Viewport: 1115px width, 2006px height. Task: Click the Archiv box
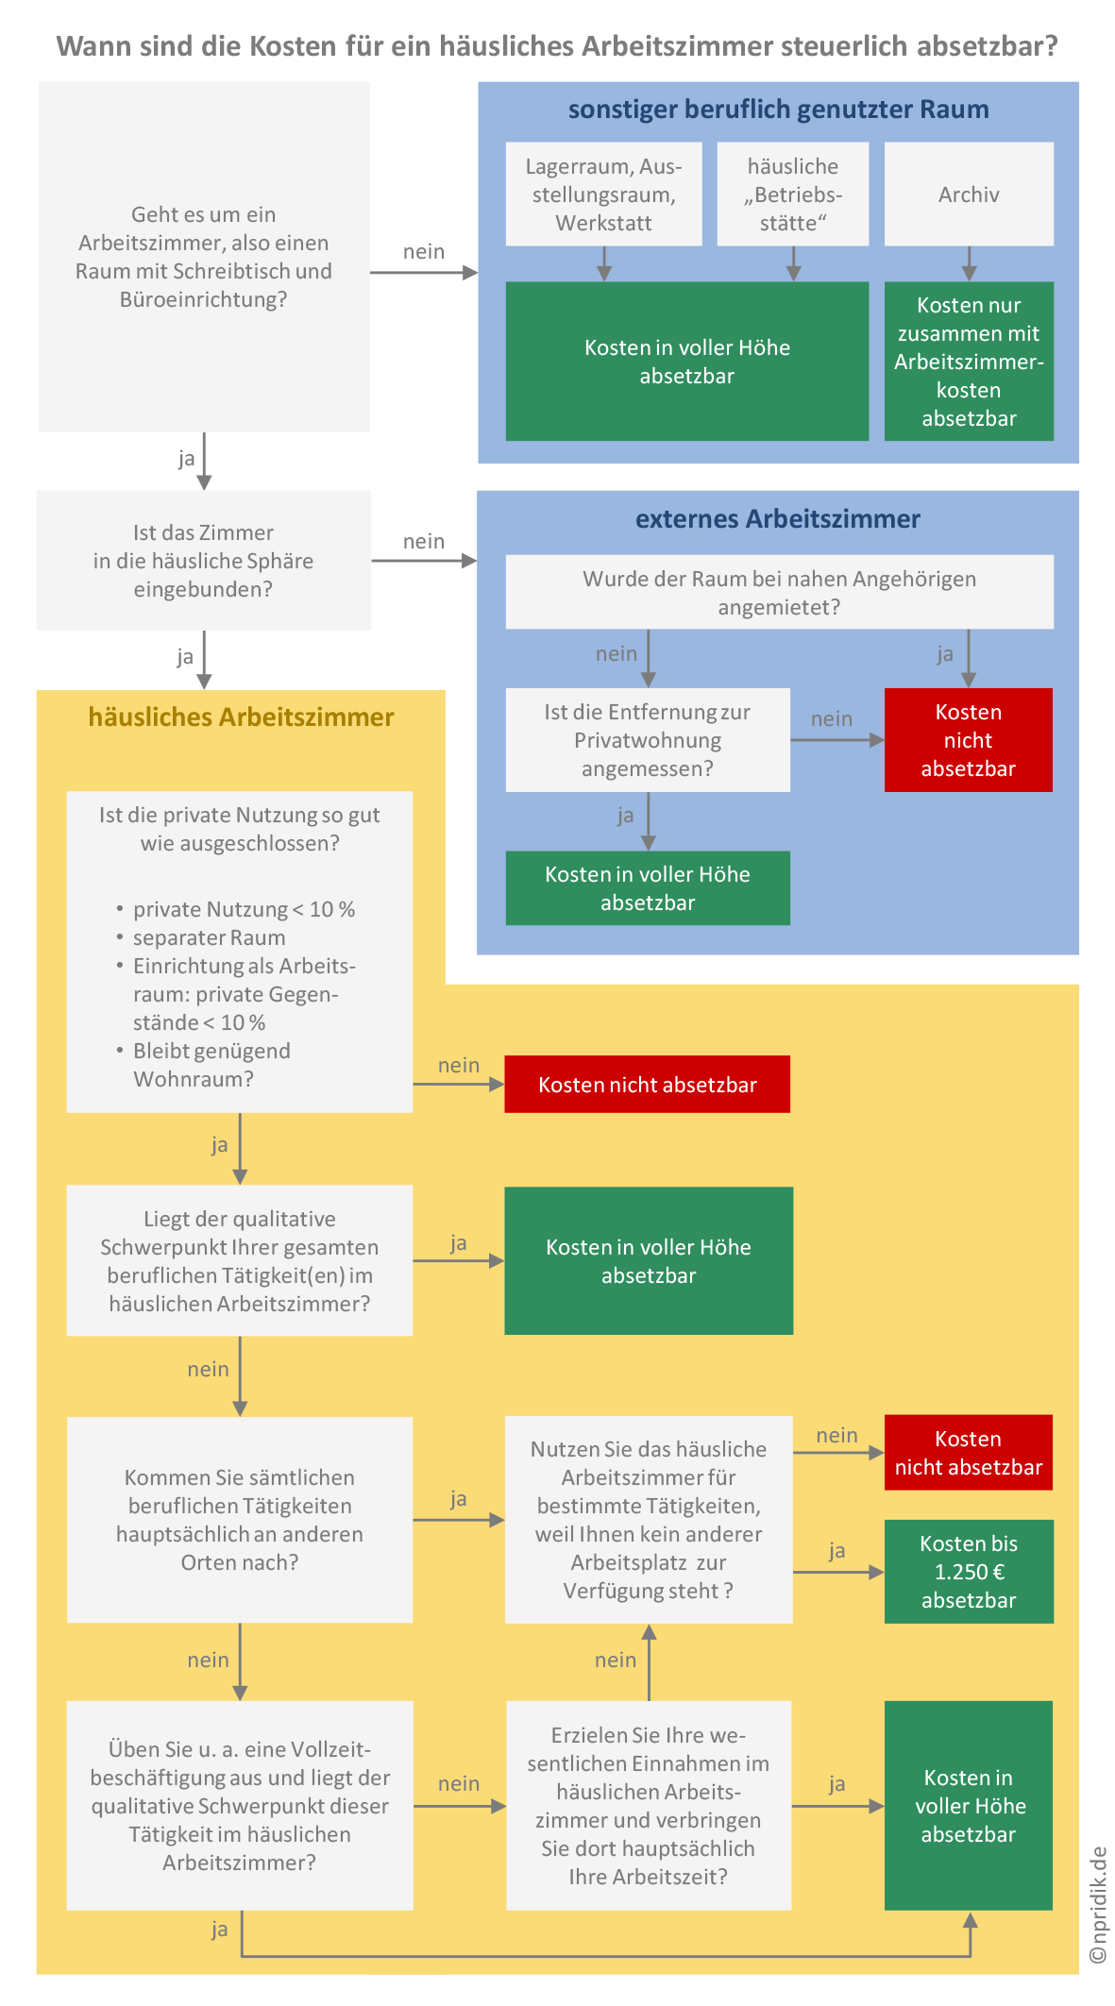(x=969, y=194)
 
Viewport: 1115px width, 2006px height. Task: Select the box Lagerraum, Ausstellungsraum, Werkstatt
(x=604, y=194)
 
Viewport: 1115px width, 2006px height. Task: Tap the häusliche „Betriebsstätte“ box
(x=793, y=194)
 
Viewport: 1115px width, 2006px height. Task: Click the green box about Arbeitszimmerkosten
(x=969, y=362)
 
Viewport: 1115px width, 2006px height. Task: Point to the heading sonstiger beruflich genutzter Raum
(x=779, y=110)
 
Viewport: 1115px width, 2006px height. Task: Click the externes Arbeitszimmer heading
(x=778, y=518)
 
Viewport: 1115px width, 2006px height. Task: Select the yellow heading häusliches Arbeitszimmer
(x=241, y=717)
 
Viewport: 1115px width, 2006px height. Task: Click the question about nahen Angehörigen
(x=780, y=592)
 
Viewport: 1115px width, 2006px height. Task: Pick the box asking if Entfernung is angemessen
(x=648, y=740)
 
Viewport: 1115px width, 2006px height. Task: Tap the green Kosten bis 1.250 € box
(x=969, y=1572)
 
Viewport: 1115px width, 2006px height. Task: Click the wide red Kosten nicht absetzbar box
(x=648, y=1085)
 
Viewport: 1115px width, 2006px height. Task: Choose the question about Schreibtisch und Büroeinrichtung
(x=204, y=257)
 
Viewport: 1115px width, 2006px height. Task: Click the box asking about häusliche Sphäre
(x=204, y=561)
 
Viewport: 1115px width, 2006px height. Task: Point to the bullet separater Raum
(x=209, y=937)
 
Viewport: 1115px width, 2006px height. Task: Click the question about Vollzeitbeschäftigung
(x=240, y=1806)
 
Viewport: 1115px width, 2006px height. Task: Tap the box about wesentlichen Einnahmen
(x=649, y=1806)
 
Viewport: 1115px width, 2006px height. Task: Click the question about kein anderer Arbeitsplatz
(x=649, y=1520)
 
